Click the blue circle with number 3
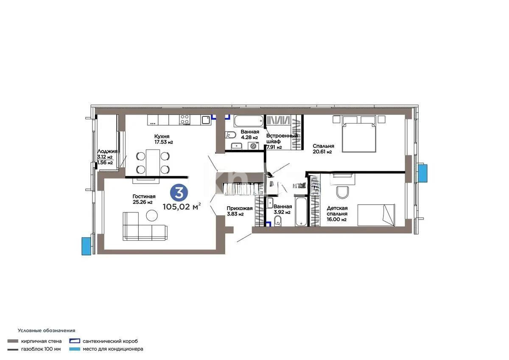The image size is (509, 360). tap(179, 193)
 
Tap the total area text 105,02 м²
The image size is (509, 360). tap(182, 207)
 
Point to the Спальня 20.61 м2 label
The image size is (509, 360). tap(322, 149)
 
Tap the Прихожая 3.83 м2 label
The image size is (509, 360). tap(239, 211)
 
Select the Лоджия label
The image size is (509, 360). tap(107, 151)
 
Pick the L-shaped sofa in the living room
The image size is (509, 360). tap(144, 227)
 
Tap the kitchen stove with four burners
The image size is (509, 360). tap(185, 120)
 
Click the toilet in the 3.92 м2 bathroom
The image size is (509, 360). tap(278, 220)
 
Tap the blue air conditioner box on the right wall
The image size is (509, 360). tap(423, 172)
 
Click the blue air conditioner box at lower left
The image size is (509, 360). tap(87, 246)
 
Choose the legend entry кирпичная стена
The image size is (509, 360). tap(41, 341)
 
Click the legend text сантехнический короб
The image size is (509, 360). tap(110, 341)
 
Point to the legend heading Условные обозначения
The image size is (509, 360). tap(46, 330)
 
